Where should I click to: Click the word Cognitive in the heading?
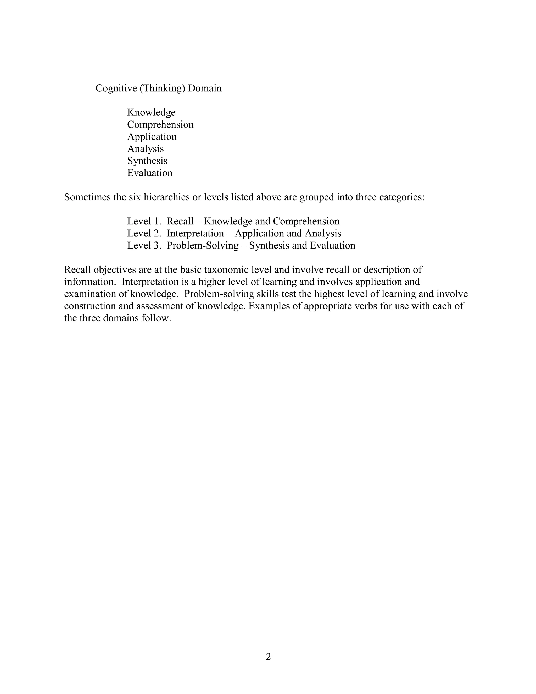coord(116,88)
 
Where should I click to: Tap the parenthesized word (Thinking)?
coord(162,88)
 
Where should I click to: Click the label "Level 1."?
coord(144,221)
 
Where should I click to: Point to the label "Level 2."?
coord(144,233)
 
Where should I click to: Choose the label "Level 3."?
coord(144,245)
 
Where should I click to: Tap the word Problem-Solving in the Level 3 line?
coord(203,245)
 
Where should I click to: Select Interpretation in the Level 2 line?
coord(195,233)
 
